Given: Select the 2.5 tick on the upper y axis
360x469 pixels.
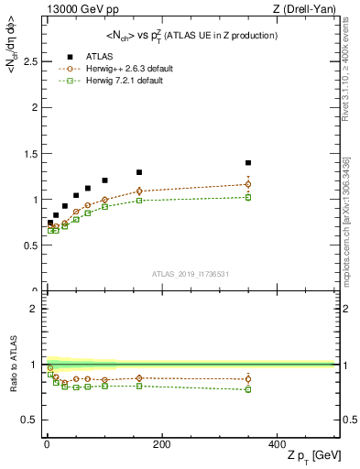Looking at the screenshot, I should point(27,61).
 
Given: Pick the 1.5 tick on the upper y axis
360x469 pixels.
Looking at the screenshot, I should point(27,153).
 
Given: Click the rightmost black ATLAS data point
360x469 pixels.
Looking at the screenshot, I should point(247,163).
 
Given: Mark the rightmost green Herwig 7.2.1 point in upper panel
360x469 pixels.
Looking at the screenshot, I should point(247,197).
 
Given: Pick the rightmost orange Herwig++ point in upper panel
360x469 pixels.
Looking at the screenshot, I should point(247,184).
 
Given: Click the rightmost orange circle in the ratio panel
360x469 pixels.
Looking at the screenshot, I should point(247,379).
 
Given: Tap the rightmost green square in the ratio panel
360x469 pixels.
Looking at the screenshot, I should point(247,389).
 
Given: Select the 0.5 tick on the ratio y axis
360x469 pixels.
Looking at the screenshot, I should point(27,420).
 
